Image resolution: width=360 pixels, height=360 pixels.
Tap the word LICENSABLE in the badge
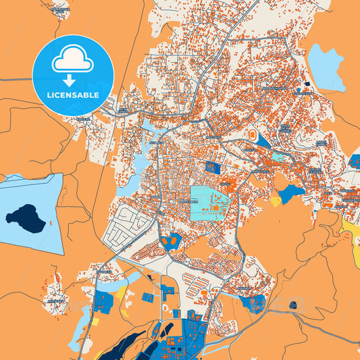pyautogui.click(x=72, y=95)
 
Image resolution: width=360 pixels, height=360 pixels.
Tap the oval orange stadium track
pyautogui.click(x=252, y=136)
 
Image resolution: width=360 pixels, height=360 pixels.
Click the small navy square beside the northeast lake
pyautogui.click(x=307, y=84)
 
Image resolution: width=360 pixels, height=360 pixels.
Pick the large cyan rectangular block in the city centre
pyautogui.click(x=209, y=201)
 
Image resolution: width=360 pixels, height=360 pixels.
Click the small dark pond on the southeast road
pyautogui.click(x=292, y=305)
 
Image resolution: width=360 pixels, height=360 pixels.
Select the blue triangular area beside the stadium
pyautogui.click(x=263, y=143)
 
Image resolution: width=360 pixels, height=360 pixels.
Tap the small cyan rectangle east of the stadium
pyautogui.click(x=279, y=157)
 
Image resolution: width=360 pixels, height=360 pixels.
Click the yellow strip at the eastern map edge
pyautogui.click(x=352, y=236)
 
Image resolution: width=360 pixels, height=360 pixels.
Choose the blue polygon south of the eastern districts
pyautogui.click(x=291, y=193)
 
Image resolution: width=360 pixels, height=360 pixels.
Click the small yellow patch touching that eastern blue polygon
pyautogui.click(x=276, y=200)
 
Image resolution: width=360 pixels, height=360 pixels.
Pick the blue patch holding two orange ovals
pyautogui.click(x=172, y=240)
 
